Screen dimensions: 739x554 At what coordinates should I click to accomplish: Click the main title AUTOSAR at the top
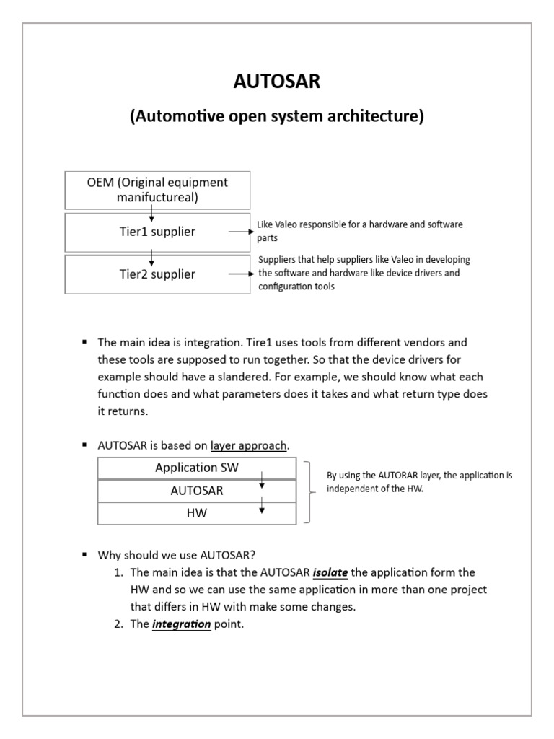(x=277, y=82)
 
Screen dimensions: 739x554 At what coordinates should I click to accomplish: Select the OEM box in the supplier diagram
(x=157, y=191)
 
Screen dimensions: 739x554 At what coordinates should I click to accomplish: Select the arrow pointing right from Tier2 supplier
(x=240, y=274)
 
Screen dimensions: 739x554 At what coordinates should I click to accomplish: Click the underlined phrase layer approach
(x=249, y=446)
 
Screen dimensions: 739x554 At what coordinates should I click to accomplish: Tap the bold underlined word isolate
(x=330, y=572)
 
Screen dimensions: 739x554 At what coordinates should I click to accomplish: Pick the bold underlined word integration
(x=182, y=624)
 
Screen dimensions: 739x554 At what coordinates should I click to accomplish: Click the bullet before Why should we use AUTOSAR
(x=84, y=555)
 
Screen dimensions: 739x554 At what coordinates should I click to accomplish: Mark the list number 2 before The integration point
(x=119, y=624)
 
